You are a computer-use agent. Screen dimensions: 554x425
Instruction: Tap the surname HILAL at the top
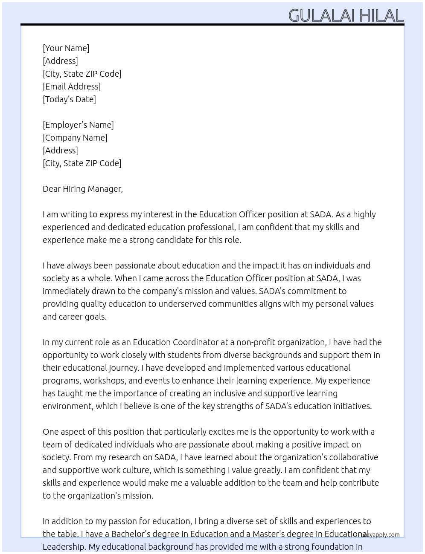381,16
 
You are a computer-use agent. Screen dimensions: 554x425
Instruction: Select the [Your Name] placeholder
66,48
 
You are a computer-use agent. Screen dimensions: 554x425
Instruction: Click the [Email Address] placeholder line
72,87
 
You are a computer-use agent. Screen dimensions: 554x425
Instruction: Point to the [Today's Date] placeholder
69,99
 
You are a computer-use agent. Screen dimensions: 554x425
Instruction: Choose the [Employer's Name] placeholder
78,125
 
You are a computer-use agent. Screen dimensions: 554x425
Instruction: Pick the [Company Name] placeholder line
75,138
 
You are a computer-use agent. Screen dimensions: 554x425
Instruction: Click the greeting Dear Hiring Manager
82,189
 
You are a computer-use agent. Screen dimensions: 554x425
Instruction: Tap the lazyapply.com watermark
380,535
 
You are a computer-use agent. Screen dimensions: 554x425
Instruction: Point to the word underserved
182,304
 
